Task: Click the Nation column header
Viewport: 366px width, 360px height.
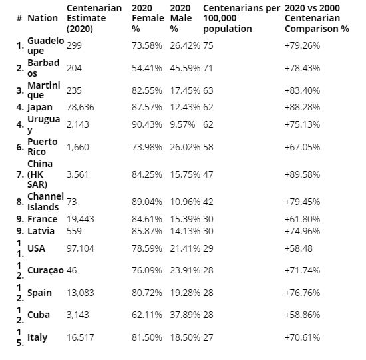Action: [x=43, y=18]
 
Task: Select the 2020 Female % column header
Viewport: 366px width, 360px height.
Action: [x=148, y=18]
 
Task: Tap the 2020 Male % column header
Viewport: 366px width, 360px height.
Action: [x=181, y=18]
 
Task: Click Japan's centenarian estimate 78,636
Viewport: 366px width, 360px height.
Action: [x=81, y=107]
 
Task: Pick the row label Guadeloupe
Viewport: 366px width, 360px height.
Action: [x=45, y=45]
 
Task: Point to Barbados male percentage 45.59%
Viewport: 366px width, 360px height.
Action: [x=185, y=68]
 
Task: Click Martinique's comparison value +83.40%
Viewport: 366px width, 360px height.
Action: [x=302, y=90]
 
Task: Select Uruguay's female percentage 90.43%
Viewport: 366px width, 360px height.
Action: [x=147, y=124]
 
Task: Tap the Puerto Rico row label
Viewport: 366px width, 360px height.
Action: [x=42, y=147]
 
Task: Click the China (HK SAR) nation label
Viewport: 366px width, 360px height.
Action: [x=40, y=174]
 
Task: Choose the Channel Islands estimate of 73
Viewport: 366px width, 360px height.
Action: [x=72, y=202]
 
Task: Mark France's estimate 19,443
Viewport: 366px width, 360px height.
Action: [x=81, y=219]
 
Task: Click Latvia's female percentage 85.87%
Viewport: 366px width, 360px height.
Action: [x=147, y=231]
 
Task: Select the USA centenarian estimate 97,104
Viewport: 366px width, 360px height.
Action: [x=81, y=248]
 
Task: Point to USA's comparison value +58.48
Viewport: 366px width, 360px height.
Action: [x=299, y=248]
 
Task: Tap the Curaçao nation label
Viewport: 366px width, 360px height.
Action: [x=45, y=270]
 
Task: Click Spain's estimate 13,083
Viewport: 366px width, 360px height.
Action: [x=81, y=293]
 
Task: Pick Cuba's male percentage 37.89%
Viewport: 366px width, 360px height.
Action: [x=185, y=315]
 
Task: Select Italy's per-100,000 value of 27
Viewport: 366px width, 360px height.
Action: [x=208, y=337]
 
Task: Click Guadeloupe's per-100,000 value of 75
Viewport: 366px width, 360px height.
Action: [x=208, y=45]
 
